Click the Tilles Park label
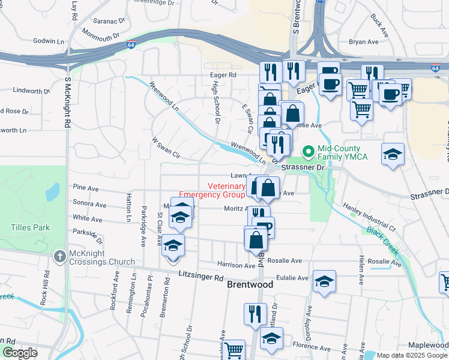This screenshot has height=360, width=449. [30, 227]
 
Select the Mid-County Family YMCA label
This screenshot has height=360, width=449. [339, 152]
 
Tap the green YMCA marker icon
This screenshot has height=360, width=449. [309, 151]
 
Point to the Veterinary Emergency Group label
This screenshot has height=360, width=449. [212, 190]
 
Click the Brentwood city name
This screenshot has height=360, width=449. [250, 285]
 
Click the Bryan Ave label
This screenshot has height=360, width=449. [364, 42]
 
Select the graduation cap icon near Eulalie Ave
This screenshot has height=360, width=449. [324, 282]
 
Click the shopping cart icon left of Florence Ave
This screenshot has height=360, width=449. [234, 349]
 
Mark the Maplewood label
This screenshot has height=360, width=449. [428, 345]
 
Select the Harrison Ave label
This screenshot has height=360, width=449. [237, 265]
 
